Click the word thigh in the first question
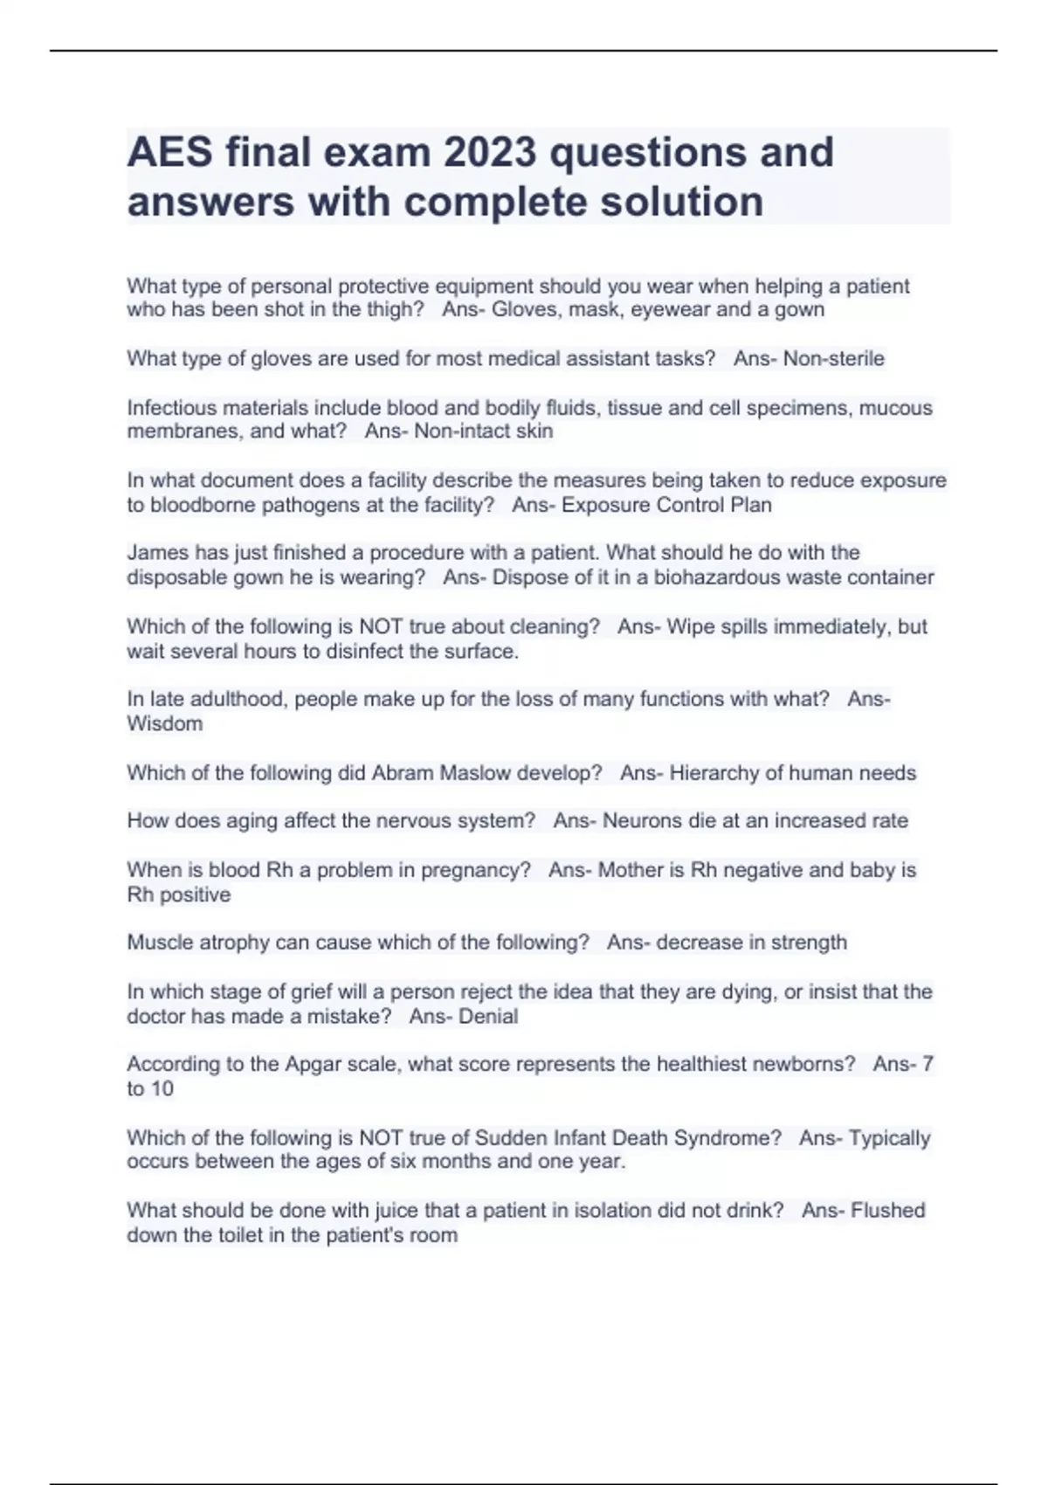(392, 310)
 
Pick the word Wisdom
(164, 723)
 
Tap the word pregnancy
(475, 870)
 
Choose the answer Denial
(488, 1017)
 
